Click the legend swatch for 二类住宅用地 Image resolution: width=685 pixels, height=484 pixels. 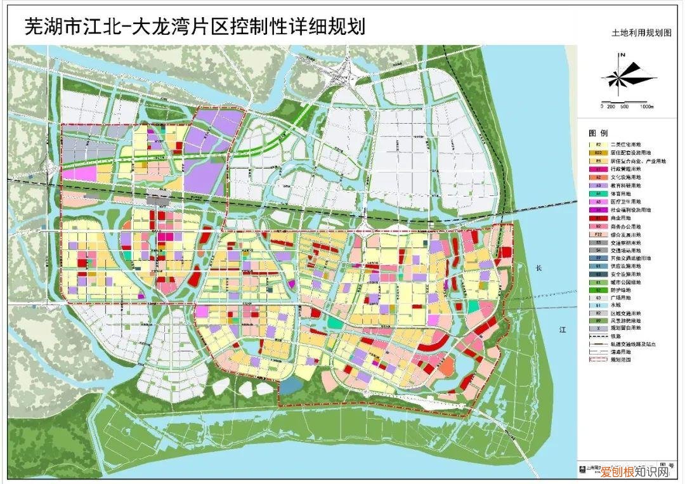point(598,145)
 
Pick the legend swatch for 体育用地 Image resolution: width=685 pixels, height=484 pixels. point(598,193)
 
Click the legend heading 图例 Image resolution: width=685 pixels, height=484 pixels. point(599,133)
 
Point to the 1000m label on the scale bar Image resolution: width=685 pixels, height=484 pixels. point(646,106)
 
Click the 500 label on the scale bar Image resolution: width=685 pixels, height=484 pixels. point(625,106)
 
